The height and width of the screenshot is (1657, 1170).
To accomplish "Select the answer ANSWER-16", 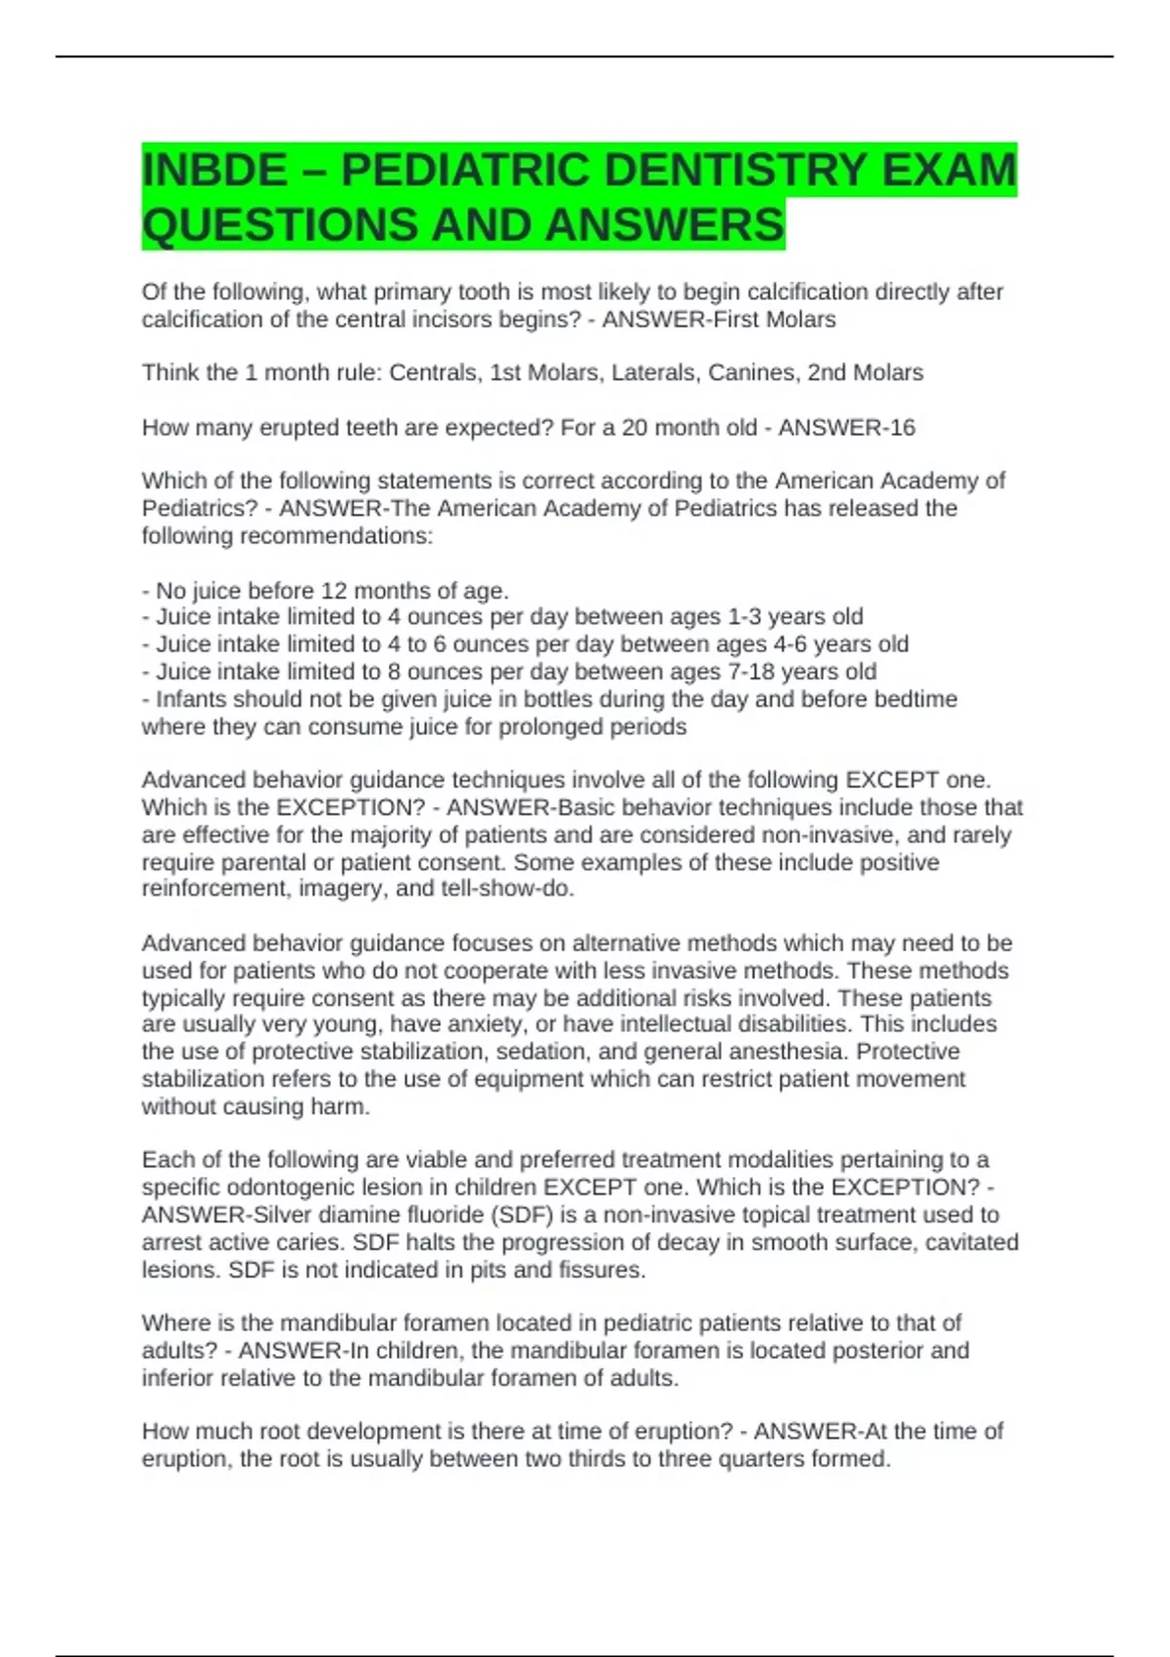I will (x=846, y=427).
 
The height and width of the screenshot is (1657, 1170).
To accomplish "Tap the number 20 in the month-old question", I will (x=635, y=427).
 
